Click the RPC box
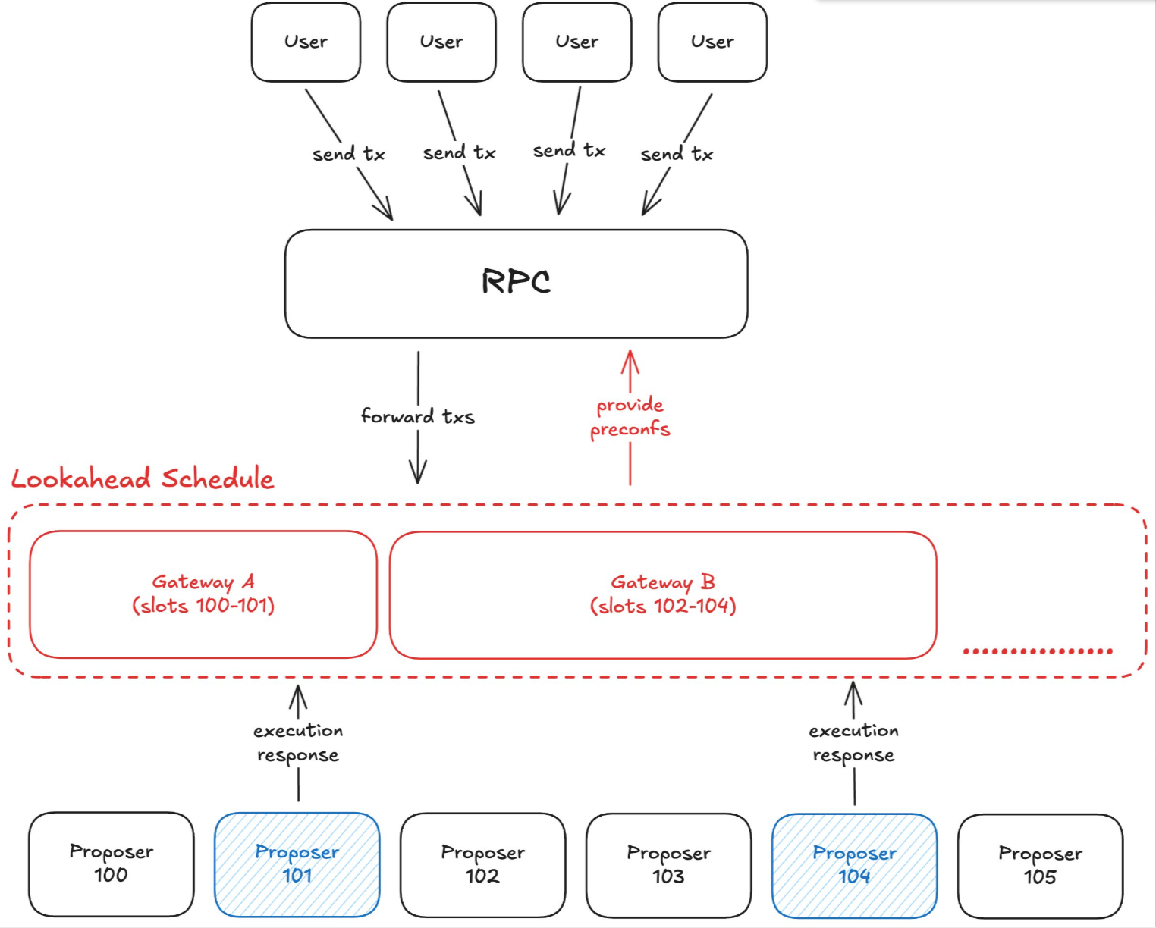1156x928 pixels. pos(516,283)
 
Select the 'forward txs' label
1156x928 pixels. pos(417,416)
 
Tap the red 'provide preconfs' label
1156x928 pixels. pos(630,417)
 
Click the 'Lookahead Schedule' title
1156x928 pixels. pos(143,478)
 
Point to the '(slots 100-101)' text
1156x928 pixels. pos(203,606)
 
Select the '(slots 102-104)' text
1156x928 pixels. pos(663,606)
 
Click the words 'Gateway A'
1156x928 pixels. pos(203,582)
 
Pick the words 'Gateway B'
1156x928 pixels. pos(663,582)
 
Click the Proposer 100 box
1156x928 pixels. pos(112,864)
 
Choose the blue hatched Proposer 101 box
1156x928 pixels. pos(297,864)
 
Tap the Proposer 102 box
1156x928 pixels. pos(483,864)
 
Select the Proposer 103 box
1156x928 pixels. pos(668,864)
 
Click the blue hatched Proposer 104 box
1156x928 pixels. pos(854,864)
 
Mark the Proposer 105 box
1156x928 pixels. pos(1040,865)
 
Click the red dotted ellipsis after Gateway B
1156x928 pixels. pos(1037,651)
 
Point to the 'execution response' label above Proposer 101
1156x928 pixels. pos(298,742)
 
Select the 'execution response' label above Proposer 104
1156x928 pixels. pos(853,742)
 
